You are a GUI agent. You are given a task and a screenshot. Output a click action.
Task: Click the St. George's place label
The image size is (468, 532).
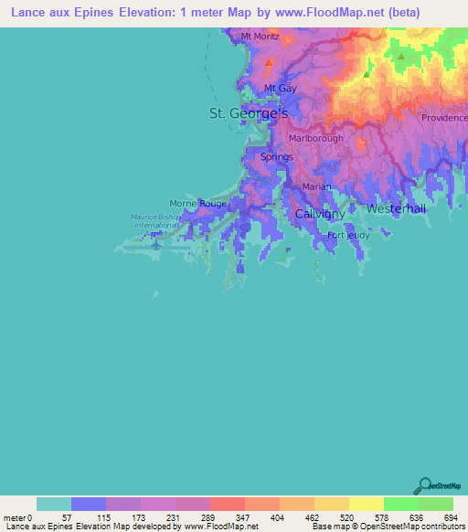click(249, 113)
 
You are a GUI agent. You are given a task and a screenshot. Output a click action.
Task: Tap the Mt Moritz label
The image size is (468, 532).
click(260, 37)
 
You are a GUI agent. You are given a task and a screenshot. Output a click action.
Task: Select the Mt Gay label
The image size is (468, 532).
click(280, 88)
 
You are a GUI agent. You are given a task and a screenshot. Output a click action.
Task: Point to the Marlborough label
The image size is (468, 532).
click(315, 138)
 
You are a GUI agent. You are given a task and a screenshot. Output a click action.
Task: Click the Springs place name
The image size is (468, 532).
click(277, 157)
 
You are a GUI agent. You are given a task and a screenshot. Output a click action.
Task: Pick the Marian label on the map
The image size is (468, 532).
click(316, 186)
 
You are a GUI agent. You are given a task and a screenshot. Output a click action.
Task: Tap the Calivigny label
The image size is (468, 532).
click(320, 213)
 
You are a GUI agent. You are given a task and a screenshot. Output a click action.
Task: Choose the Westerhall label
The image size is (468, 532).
click(396, 209)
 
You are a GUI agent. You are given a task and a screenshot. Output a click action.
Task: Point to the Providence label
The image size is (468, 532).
click(443, 119)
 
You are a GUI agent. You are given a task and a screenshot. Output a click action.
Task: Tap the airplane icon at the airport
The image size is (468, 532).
click(156, 244)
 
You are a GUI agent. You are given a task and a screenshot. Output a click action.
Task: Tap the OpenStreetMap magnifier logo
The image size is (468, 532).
click(423, 485)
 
